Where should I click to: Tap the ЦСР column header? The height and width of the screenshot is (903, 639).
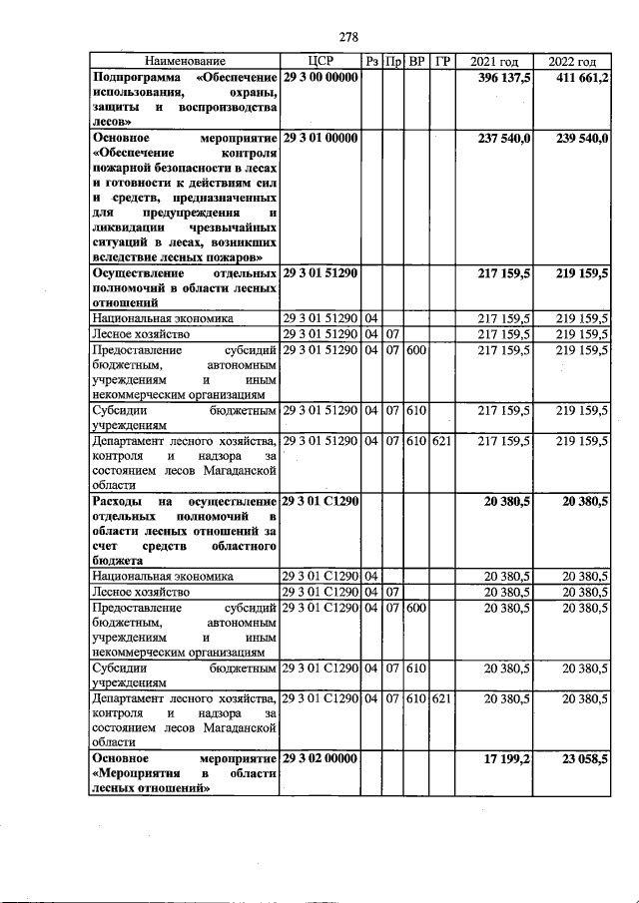click(x=320, y=62)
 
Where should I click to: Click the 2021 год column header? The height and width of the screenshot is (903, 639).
click(x=494, y=62)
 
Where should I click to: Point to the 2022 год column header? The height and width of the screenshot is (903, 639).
click(x=572, y=62)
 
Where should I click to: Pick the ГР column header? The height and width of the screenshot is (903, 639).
click(x=443, y=62)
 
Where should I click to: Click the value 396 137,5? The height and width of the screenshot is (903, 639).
click(x=505, y=78)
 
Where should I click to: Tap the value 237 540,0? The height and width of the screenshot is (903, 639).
click(x=505, y=138)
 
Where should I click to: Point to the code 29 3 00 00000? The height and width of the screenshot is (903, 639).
click(x=320, y=78)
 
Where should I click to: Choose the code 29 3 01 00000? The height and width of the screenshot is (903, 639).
click(x=320, y=138)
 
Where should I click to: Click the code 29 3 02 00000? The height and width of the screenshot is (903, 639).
click(x=320, y=758)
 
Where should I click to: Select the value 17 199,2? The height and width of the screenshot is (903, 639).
click(x=507, y=758)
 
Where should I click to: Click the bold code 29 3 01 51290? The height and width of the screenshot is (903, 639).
click(x=320, y=271)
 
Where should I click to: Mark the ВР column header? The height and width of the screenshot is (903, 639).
click(x=416, y=62)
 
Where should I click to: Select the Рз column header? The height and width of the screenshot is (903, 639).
click(x=370, y=62)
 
